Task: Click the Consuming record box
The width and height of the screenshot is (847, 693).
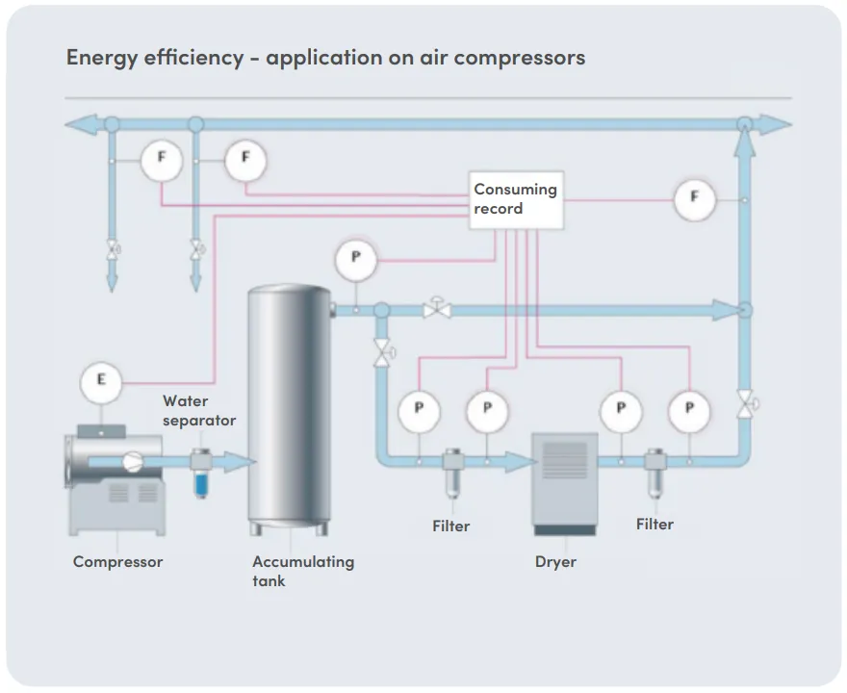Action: tap(517, 200)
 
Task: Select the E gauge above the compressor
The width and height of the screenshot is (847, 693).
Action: tap(101, 381)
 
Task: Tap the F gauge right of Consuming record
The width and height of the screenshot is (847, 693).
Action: tap(695, 198)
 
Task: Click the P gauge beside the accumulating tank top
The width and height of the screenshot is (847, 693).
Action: tap(355, 259)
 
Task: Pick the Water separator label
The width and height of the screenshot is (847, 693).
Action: tap(198, 410)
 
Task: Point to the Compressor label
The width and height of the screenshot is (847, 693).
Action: tap(117, 561)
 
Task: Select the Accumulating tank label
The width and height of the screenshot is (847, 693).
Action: tap(303, 571)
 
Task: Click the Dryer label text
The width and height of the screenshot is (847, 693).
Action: tap(555, 561)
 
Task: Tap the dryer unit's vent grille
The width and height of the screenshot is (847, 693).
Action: tap(564, 459)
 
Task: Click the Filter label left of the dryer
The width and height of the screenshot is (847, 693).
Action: tap(450, 526)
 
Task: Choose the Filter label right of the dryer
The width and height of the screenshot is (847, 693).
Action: tap(654, 524)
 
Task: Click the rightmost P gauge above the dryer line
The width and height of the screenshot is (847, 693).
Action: tap(689, 408)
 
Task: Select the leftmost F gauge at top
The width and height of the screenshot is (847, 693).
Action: tap(162, 160)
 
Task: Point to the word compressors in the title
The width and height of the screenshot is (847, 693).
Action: tap(519, 57)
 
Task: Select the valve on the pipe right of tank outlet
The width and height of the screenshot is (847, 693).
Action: tap(438, 310)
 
